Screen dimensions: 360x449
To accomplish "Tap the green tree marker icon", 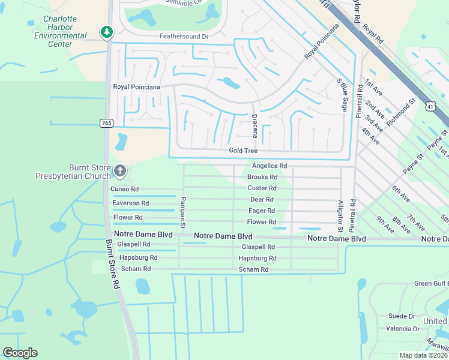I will [107, 32].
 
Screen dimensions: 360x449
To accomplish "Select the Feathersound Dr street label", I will [183, 37].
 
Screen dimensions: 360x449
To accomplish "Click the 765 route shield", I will [106, 123].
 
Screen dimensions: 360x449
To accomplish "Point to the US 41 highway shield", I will [430, 106].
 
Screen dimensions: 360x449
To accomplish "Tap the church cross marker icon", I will [120, 172].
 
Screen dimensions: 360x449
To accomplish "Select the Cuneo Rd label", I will [125, 189].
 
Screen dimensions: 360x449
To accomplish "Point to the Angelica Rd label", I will [270, 166].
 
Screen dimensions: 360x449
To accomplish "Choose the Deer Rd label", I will [262, 199].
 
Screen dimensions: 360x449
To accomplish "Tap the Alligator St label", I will [340, 216].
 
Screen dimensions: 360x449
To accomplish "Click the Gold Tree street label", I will [243, 151].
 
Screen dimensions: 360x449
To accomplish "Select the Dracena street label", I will [255, 126].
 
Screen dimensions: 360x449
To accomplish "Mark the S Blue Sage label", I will [343, 94].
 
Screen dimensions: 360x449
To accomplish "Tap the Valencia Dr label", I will [403, 329].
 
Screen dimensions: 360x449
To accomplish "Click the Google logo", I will [20, 353].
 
